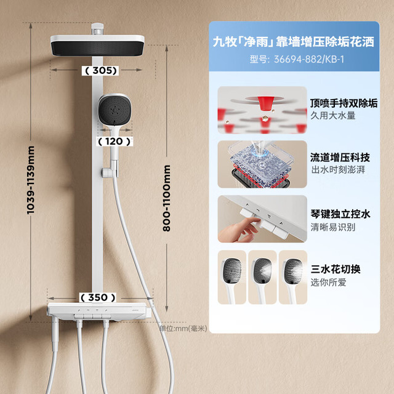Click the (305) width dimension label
(x=100, y=71)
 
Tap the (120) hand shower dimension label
(x=115, y=142)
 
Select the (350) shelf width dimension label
(x=98, y=297)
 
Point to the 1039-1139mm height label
(x=30, y=180)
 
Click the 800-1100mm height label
(x=166, y=198)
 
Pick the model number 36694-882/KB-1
(x=297, y=60)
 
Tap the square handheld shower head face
(x=115, y=110)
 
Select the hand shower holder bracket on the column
(x=110, y=172)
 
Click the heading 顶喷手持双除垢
(x=344, y=103)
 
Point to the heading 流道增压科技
(x=340, y=158)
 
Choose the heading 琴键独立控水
(x=340, y=214)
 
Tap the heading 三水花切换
(x=336, y=269)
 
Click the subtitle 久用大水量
(x=332, y=116)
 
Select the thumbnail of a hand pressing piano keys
(x=262, y=219)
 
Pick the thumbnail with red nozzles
(x=262, y=110)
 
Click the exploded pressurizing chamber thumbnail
(x=262, y=164)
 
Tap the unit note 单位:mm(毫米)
(x=183, y=328)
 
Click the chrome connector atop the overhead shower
(x=97, y=29)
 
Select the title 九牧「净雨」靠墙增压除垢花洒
(x=293, y=41)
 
